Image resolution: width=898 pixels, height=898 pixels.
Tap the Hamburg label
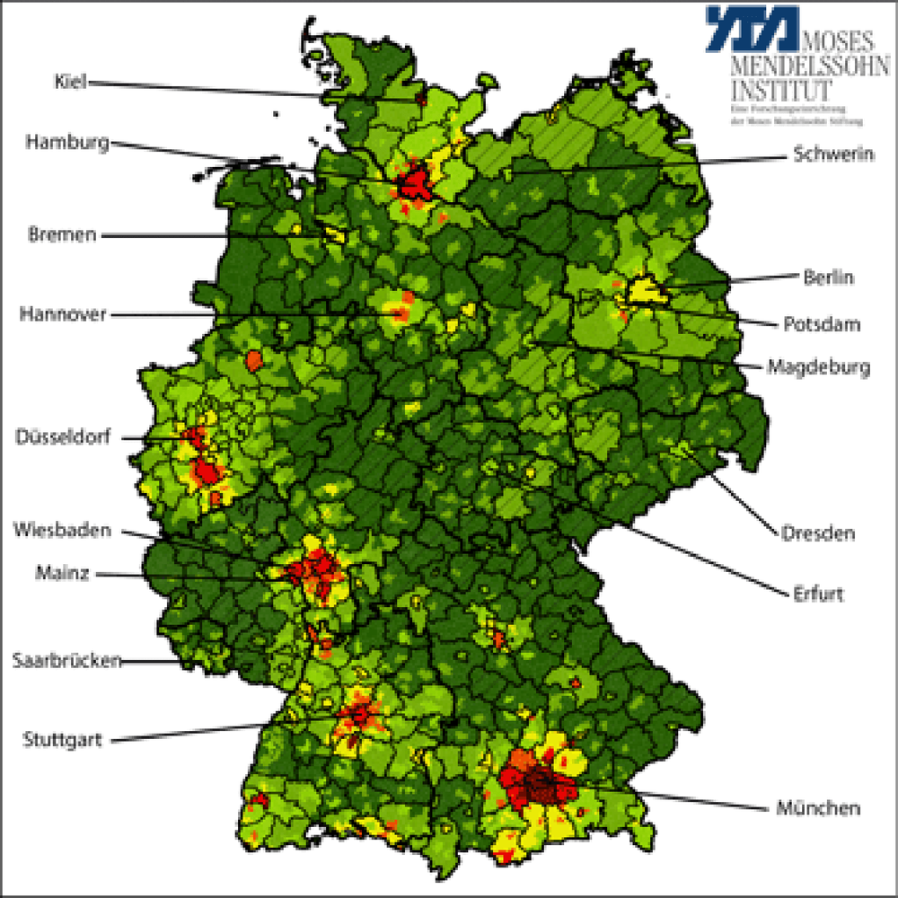66,142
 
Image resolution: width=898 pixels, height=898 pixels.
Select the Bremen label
60,234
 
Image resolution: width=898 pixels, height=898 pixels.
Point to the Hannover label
63,314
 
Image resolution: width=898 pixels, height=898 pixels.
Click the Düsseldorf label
64,437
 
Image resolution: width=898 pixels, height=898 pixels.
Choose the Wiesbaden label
62,530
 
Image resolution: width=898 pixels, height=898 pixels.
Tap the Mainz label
62,572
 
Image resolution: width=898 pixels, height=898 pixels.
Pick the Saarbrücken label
66,661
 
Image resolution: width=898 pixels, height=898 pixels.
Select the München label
818,808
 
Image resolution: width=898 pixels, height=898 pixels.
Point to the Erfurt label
818,594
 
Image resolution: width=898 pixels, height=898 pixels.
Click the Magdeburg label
818,367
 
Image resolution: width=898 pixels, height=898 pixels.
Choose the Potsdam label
822,323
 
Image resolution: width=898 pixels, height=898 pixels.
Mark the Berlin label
829,277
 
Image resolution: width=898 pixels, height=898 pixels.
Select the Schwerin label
834,154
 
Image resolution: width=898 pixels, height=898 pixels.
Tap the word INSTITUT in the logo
781,90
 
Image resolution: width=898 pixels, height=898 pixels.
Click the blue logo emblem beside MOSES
751,28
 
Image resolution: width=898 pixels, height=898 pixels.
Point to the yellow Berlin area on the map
643,290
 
